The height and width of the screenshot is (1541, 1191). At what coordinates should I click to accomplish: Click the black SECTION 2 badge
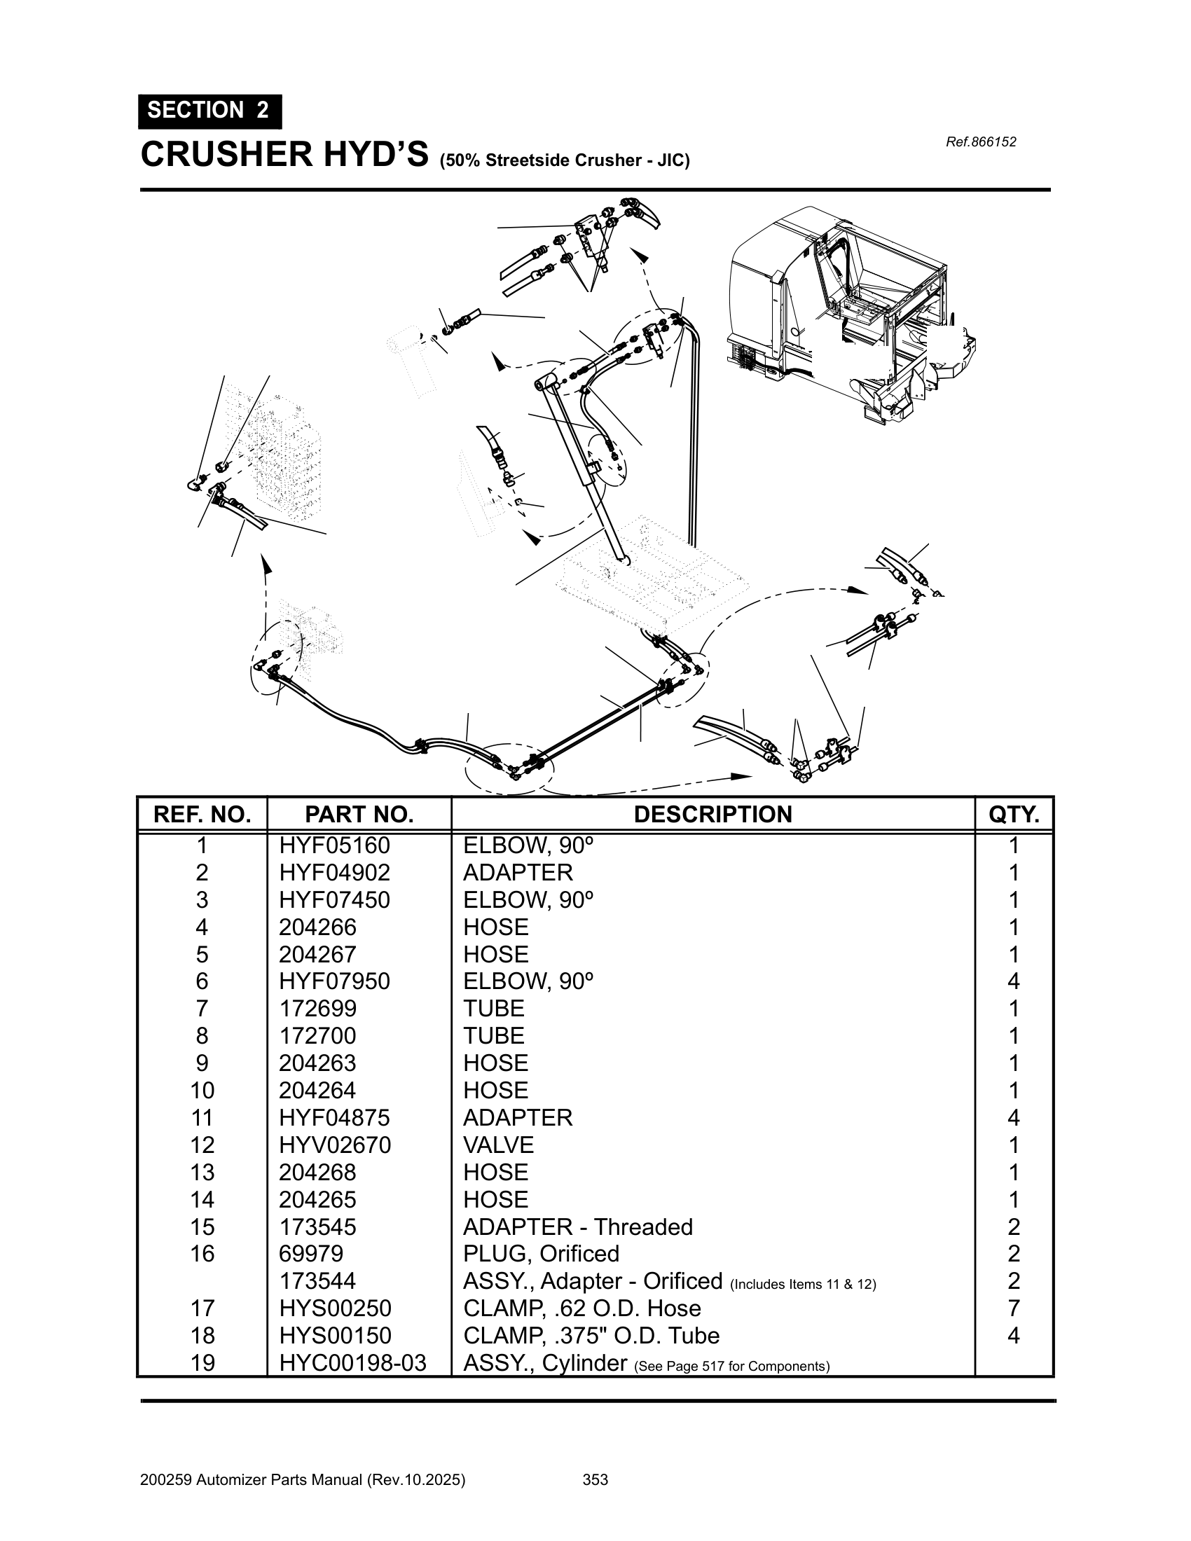[209, 111]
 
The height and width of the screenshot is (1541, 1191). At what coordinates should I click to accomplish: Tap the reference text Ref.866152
[981, 141]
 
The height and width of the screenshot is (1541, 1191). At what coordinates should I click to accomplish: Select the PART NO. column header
[359, 814]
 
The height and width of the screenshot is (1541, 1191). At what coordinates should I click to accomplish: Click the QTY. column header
[1013, 814]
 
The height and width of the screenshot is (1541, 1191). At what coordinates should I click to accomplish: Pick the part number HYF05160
[334, 845]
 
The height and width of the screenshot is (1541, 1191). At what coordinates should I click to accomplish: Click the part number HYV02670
[334, 1145]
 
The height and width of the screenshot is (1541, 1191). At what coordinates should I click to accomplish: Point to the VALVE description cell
[498, 1145]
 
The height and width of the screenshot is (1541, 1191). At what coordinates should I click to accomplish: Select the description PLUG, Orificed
[540, 1254]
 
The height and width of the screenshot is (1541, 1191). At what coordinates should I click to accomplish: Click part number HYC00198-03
[352, 1363]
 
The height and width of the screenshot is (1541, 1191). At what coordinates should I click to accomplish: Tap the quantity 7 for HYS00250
[1013, 1309]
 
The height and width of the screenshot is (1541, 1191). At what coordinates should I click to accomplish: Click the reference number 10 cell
[202, 1091]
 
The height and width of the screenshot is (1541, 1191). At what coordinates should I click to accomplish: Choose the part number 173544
[317, 1281]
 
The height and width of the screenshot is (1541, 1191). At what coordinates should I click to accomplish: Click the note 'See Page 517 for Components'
[731, 1366]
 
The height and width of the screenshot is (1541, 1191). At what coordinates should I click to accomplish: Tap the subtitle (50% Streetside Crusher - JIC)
[565, 160]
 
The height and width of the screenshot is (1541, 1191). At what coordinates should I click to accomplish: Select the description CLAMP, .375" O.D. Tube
[591, 1336]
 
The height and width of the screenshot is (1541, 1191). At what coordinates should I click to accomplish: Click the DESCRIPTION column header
[712, 814]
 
